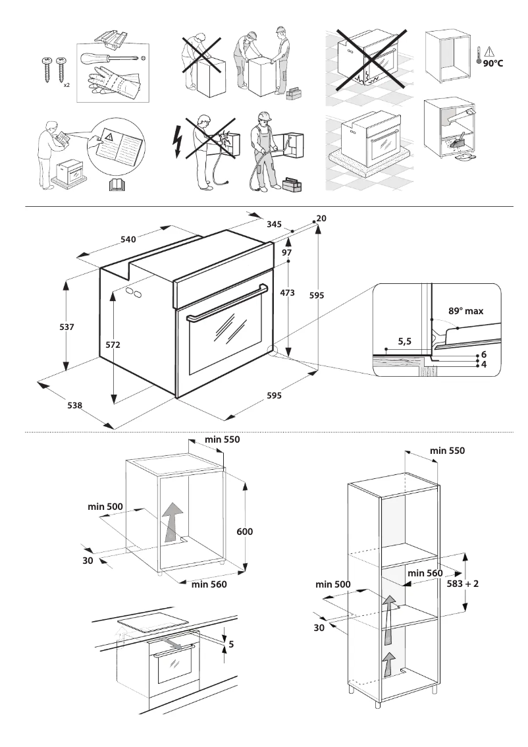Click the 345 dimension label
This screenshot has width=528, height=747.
click(x=275, y=225)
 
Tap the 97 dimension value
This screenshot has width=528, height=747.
click(x=287, y=253)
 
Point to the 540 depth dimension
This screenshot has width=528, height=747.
click(x=128, y=239)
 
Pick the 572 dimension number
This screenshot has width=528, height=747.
click(x=113, y=345)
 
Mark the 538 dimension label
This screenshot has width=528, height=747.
click(x=74, y=406)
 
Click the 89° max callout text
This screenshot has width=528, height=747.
click(x=466, y=312)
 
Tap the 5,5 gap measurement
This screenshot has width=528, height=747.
click(x=405, y=342)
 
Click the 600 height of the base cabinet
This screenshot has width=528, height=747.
click(x=244, y=531)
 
